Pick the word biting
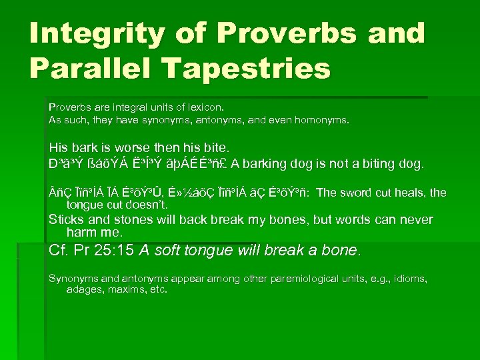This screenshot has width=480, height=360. point(395,163)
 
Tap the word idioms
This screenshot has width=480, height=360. point(409,278)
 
